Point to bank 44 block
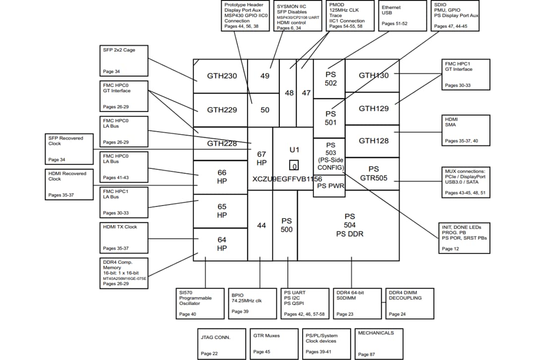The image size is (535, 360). (x=261, y=225)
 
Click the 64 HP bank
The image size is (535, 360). (x=221, y=244)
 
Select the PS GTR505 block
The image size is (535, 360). (x=373, y=173)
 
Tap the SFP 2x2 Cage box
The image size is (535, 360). (x=123, y=60)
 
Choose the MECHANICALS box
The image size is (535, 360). (x=379, y=343)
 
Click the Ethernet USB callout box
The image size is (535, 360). (x=399, y=16)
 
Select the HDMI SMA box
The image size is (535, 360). (x=465, y=130)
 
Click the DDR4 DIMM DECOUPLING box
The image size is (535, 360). (x=410, y=304)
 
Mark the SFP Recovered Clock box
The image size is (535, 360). (x=69, y=149)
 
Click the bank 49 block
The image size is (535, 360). (x=265, y=76)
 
